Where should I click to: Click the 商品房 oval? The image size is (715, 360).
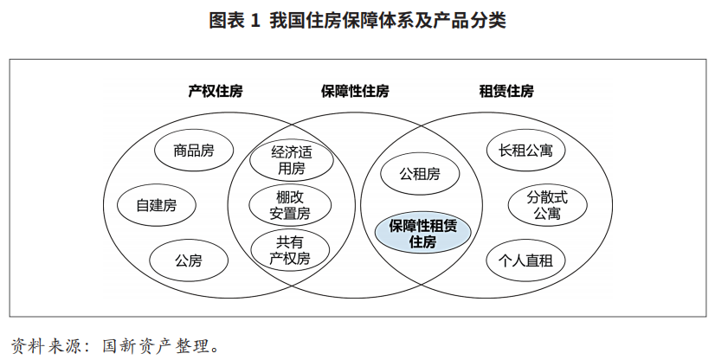tap(194, 151)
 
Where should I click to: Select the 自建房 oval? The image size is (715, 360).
tap(157, 205)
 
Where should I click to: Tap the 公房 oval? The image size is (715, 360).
tap(189, 260)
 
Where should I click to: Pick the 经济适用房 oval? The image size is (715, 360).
tap(292, 160)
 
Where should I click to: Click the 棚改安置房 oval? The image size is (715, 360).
tap(290, 205)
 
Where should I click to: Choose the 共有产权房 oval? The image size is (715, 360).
tap(290, 250)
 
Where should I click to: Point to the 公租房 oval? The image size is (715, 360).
tap(420, 174)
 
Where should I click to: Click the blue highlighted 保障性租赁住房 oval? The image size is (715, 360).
tap(422, 234)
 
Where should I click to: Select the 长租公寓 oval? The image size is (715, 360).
tap(525, 151)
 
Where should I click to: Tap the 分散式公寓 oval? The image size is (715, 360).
tap(547, 205)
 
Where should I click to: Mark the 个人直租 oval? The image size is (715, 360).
tap(525, 260)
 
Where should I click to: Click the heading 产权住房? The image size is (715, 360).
tap(216, 91)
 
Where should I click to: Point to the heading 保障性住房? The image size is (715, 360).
tap(355, 91)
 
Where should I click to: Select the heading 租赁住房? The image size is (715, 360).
tap(506, 91)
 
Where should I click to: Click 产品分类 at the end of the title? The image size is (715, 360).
tap(470, 21)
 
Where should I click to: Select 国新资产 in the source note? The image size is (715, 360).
tap(137, 346)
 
